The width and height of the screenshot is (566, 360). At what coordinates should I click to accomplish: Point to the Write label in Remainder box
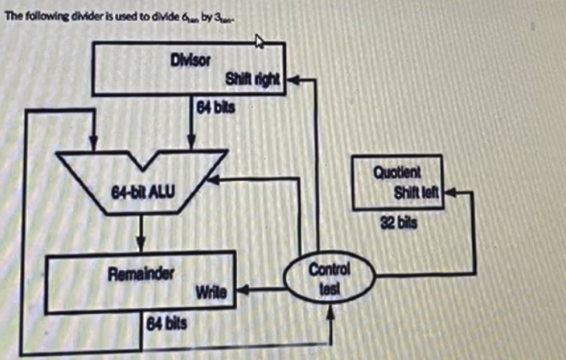pos(211,292)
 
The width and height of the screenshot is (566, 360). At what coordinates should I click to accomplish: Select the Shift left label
pos(418,194)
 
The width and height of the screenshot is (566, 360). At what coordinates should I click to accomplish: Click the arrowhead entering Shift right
pos(292,79)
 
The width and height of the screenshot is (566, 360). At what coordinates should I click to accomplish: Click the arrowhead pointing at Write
pos(240,292)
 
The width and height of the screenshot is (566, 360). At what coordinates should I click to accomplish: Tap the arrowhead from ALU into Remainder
pos(141,246)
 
